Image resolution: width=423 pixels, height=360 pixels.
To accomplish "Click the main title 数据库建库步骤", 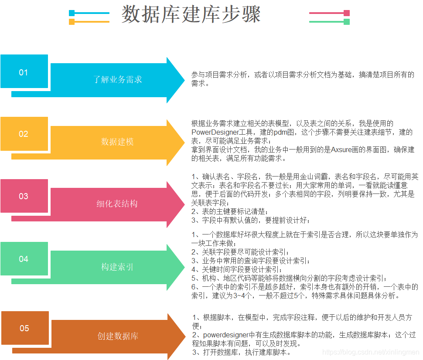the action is point(191,14).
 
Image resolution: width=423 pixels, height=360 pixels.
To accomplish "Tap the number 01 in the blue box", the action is point(24,72).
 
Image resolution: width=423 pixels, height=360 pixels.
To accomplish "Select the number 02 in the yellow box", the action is point(24,134).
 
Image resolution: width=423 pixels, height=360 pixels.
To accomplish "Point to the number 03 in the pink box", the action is point(24,196).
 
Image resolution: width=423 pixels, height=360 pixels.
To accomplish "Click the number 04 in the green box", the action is point(24,259).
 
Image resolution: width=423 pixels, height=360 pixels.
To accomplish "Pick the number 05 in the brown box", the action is point(24,328).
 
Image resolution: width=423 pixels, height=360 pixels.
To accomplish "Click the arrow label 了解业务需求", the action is point(118,79).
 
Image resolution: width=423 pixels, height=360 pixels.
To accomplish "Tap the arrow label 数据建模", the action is point(117,142).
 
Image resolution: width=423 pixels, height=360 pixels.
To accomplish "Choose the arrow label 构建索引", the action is point(117,267).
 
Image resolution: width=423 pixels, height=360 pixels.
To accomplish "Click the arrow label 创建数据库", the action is point(118,336).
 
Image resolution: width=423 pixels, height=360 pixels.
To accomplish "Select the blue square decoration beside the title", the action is point(72,13).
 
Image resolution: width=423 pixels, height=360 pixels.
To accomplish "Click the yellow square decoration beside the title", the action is point(72,21).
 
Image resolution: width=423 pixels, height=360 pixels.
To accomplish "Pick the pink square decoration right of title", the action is point(347,13).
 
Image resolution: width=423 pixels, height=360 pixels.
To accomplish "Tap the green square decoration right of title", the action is point(347,21).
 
